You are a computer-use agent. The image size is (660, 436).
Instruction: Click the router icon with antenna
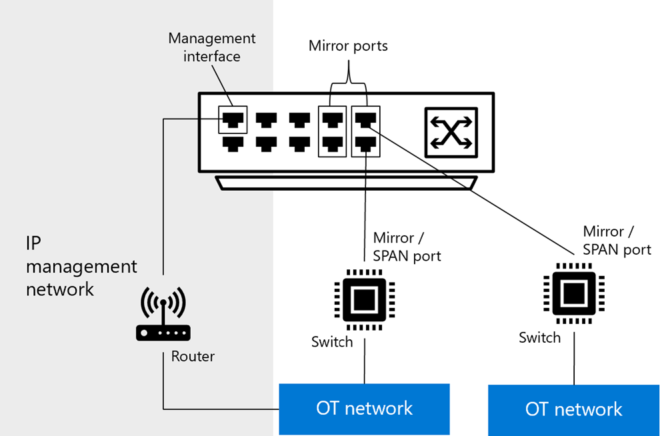(x=163, y=313)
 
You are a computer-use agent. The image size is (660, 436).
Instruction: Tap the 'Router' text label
(x=193, y=357)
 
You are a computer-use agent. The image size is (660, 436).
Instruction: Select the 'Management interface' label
(x=212, y=47)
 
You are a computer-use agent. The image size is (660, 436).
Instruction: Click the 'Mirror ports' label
(x=348, y=45)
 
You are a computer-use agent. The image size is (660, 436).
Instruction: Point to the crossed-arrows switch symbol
(x=451, y=133)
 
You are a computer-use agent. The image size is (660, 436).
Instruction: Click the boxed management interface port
(x=233, y=120)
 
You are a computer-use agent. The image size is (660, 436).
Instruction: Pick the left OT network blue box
(x=365, y=409)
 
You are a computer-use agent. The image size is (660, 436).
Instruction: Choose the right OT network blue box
(x=574, y=410)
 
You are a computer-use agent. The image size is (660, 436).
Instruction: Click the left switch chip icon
(x=365, y=300)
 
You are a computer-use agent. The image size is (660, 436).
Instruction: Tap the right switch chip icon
(x=574, y=293)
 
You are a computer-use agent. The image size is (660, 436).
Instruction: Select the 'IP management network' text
(x=81, y=267)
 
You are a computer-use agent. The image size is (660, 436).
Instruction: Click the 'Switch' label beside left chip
(x=332, y=342)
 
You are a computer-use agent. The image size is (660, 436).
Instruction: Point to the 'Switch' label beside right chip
(x=539, y=337)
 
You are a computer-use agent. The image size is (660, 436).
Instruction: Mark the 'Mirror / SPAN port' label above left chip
(x=407, y=247)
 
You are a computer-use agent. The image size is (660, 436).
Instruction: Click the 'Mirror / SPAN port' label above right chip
(x=617, y=241)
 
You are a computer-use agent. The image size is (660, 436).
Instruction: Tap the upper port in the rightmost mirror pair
(x=366, y=120)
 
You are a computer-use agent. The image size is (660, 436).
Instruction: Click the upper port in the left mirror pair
(x=333, y=120)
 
